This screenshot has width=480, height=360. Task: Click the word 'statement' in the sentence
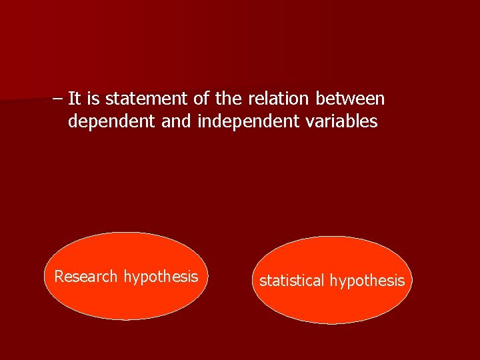(147, 99)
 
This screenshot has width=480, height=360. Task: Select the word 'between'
(350, 99)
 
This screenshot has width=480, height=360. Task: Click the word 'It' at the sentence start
(74, 99)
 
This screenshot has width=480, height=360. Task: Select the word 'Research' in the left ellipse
(86, 277)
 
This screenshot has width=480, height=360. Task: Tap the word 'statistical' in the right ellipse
(291, 281)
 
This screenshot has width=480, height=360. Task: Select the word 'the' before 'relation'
(229, 99)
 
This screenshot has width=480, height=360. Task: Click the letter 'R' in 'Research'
(59, 277)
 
